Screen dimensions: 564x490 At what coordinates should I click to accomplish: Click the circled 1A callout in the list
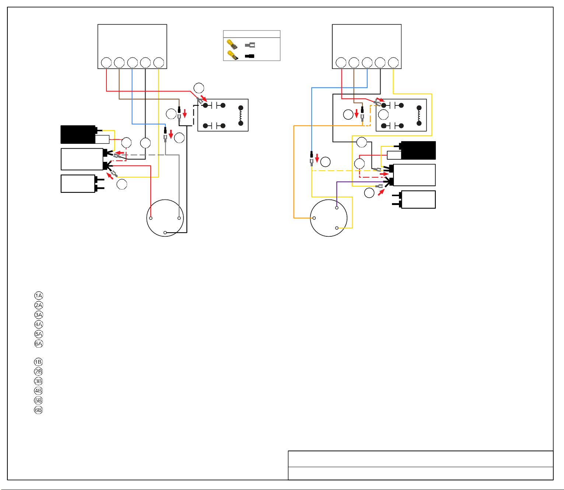coord(39,296)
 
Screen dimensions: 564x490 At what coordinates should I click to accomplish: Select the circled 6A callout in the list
coord(39,344)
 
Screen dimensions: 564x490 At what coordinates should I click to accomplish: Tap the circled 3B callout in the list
coord(38,381)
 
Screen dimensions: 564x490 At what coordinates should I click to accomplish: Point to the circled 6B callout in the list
coord(38,410)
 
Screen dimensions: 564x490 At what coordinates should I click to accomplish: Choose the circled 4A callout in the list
coord(39,324)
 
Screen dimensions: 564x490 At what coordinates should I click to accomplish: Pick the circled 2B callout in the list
coord(38,372)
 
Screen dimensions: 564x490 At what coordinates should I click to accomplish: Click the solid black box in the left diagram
coord(78,134)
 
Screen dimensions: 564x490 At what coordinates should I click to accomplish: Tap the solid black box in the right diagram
coord(418,150)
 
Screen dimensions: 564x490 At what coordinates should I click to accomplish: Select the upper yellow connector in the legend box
coord(232,44)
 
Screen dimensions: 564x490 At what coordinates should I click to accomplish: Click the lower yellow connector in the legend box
coord(233,55)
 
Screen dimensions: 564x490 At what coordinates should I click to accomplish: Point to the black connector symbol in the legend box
coord(249,56)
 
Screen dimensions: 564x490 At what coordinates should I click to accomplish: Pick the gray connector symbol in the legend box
coord(250,45)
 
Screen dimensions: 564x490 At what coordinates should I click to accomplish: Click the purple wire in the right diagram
coord(358,182)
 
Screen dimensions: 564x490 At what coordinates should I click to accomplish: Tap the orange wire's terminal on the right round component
coord(314,218)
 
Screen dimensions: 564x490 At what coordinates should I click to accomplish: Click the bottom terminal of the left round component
coord(165,233)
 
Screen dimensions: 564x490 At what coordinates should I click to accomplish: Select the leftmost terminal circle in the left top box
coord(106,63)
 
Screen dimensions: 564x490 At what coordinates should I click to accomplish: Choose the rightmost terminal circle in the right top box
coord(393,63)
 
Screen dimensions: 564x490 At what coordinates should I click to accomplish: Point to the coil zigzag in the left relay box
coord(241,115)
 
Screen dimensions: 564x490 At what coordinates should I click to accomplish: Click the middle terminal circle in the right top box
coord(367,63)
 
